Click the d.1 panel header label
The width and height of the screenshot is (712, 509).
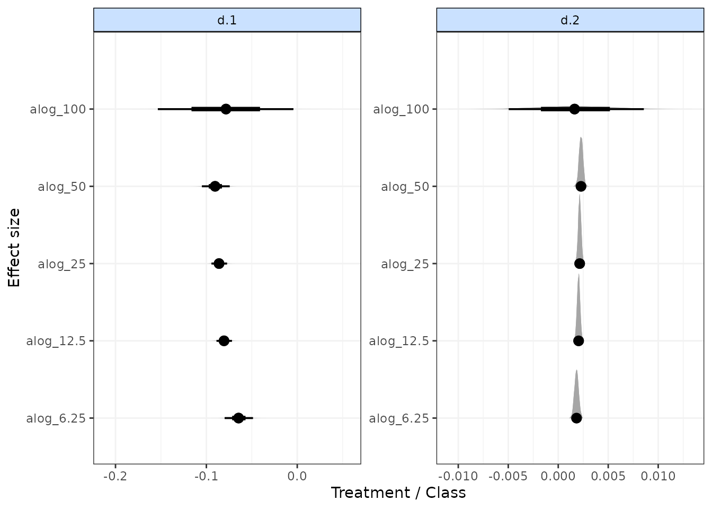point(227,20)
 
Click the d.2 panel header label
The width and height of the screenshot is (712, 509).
point(570,20)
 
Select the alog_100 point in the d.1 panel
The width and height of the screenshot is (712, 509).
point(226,109)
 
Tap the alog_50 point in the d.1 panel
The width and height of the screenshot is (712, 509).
point(215,186)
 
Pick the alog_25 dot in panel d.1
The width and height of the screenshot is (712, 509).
point(219,264)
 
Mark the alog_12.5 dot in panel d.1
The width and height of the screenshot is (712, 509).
point(224,341)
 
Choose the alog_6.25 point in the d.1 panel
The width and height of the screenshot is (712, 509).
point(238,418)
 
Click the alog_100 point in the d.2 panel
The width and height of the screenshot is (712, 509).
point(575,109)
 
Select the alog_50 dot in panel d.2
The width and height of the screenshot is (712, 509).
point(581,186)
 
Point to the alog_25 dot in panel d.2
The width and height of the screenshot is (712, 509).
point(580,264)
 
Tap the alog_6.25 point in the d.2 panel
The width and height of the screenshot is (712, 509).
point(576,418)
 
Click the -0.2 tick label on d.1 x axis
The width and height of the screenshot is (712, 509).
point(115,476)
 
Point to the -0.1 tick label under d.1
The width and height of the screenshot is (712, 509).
point(206,476)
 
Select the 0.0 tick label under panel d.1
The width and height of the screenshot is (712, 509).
point(297,476)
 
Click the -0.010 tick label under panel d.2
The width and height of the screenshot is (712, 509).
point(458,476)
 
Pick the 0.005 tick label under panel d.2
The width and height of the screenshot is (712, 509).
point(608,476)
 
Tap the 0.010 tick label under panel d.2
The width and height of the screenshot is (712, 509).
point(658,476)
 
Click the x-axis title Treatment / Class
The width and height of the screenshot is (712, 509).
point(398,493)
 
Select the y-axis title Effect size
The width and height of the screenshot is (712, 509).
point(14,248)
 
